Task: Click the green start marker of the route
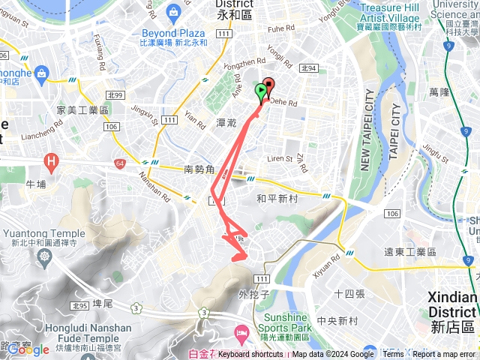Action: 260,92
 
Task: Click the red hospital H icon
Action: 51,160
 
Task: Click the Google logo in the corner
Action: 28,349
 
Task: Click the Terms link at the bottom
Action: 393,355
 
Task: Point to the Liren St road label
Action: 280,159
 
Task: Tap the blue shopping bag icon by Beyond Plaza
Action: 173,11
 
